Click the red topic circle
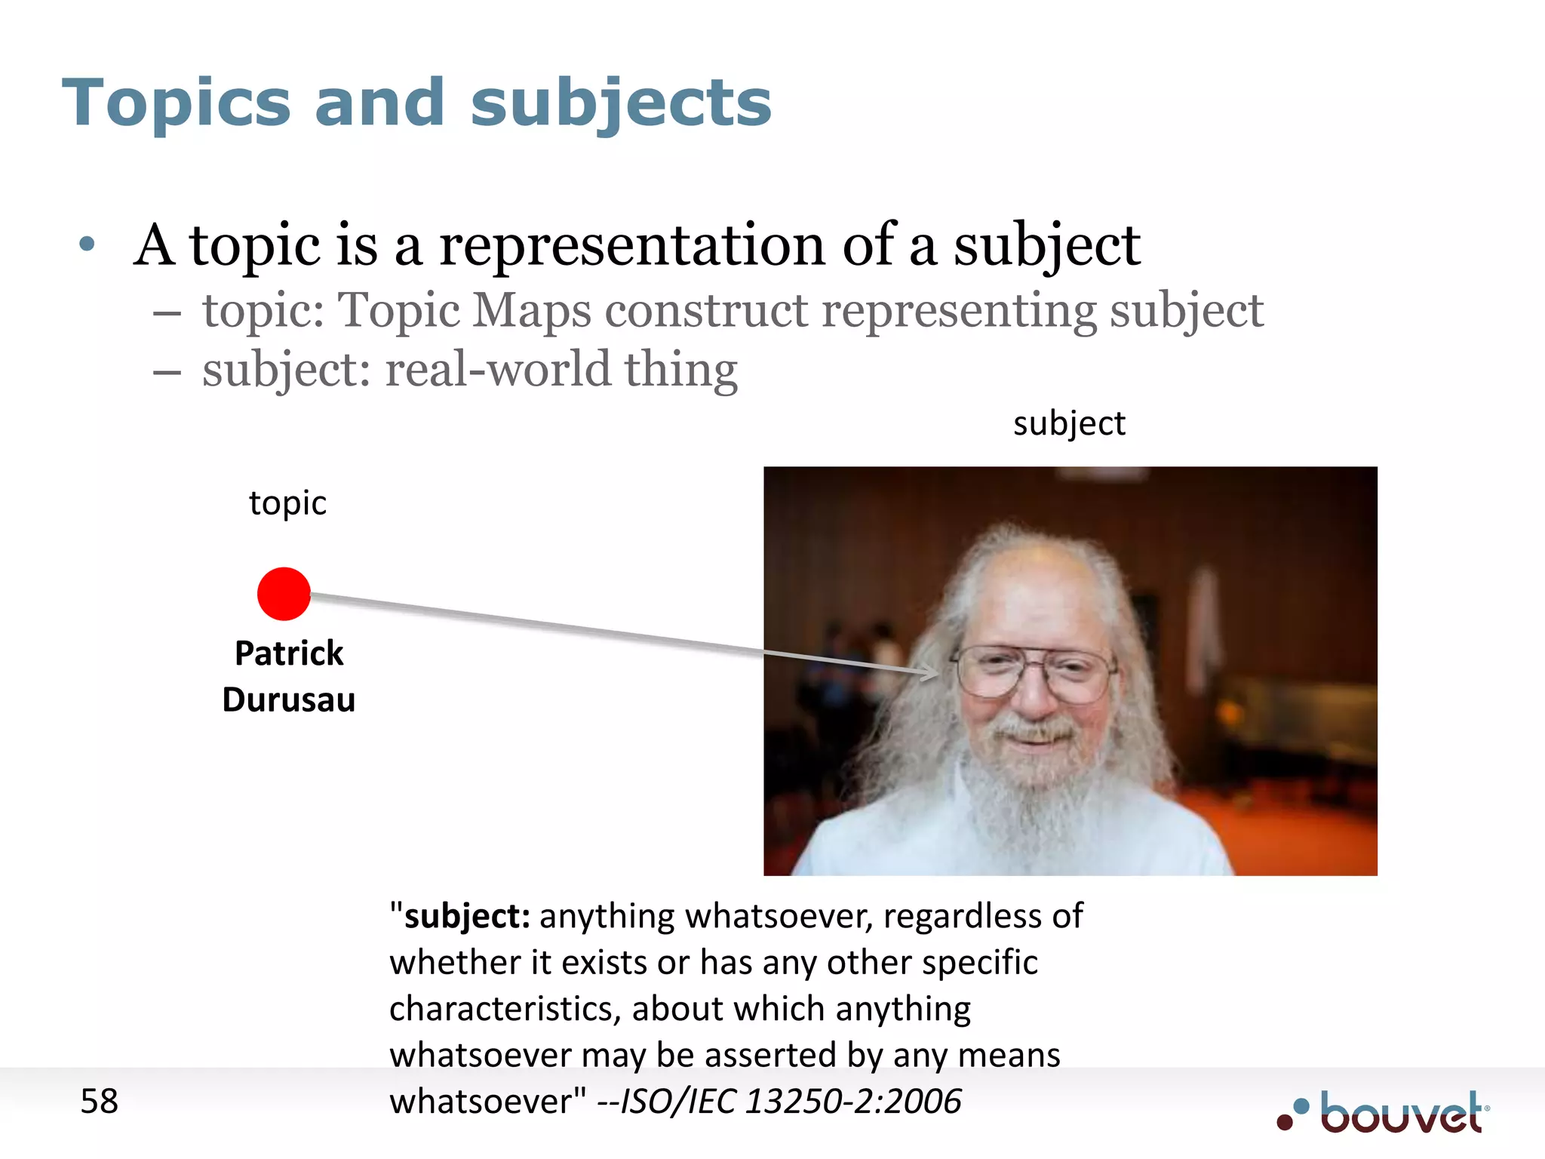[x=284, y=594]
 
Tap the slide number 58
[x=99, y=1101]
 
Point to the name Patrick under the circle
[x=289, y=653]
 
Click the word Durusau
[x=289, y=700]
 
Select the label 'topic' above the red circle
[x=287, y=503]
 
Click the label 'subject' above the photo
[x=1069, y=423]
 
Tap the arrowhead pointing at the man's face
[x=932, y=672]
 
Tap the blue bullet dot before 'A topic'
[x=88, y=244]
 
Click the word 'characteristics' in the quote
[x=504, y=1010]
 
